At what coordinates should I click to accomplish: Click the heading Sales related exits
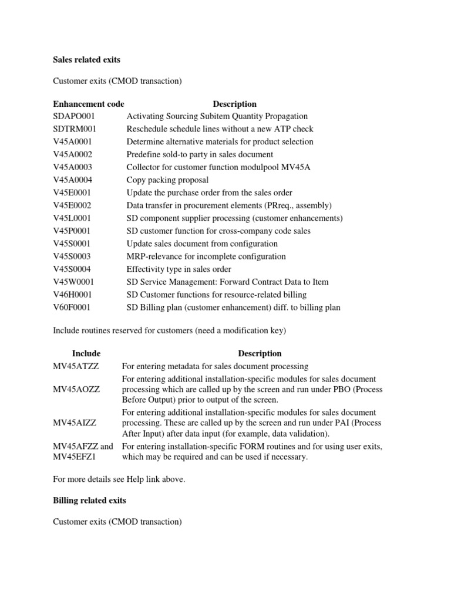87,60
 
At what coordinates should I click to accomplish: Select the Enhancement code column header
89,104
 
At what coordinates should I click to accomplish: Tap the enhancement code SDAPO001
74,116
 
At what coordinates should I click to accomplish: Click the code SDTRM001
75,129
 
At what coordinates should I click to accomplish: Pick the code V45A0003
73,167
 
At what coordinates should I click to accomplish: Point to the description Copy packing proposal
167,180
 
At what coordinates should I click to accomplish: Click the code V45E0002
72,205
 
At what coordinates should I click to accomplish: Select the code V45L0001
72,218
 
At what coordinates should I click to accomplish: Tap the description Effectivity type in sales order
179,269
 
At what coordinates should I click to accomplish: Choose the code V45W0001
73,282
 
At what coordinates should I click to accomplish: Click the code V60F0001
72,308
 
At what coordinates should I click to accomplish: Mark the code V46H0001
73,295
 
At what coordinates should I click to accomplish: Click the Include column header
86,353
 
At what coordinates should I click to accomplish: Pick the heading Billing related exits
90,501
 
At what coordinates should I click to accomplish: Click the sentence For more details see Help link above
119,480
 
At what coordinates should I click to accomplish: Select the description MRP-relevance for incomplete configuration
206,256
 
